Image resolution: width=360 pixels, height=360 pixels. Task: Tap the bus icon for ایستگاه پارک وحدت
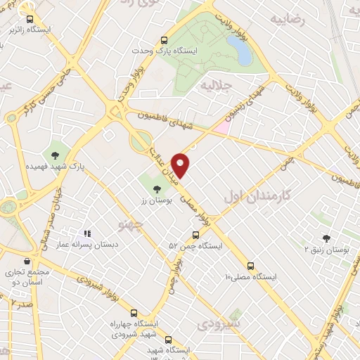(164, 41)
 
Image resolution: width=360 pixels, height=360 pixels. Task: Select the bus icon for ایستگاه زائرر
(30, 20)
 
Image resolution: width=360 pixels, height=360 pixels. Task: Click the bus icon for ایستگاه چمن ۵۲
(196, 236)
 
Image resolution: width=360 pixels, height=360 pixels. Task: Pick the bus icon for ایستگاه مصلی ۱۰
(251, 266)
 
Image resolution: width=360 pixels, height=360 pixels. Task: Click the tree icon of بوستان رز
(156, 188)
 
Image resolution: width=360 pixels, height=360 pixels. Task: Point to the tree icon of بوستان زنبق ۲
(326, 238)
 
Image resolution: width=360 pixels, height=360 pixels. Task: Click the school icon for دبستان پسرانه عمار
(88, 233)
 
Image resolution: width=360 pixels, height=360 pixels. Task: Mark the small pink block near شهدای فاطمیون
(222, 127)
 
